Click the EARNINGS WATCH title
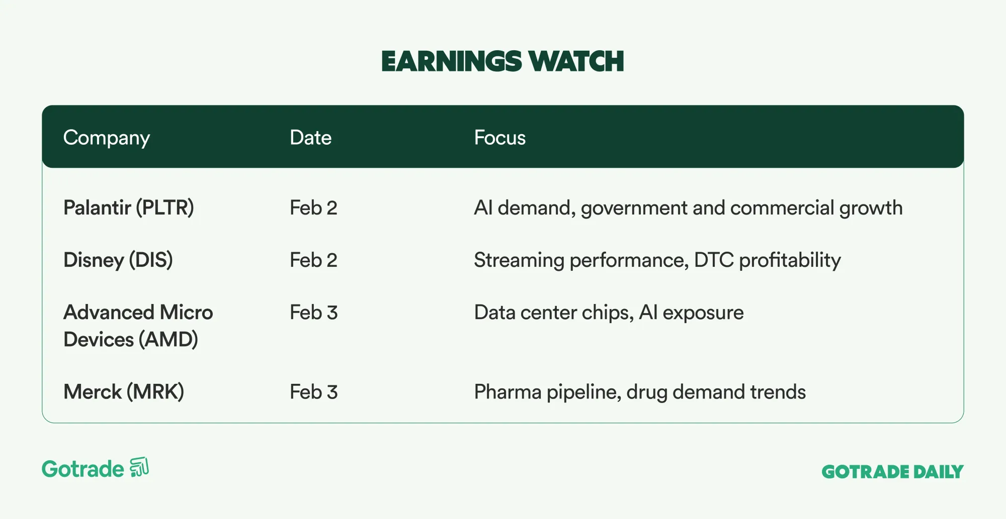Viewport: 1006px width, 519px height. tap(502, 61)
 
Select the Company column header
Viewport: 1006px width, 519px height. tap(107, 138)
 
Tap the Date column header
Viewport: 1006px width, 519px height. tap(310, 138)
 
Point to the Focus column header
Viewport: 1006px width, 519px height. tap(499, 138)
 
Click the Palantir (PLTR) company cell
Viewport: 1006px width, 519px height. tap(129, 208)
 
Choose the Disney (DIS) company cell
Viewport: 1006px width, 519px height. tap(118, 260)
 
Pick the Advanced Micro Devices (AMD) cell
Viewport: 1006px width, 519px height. tap(138, 326)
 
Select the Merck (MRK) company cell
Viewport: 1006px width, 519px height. tap(124, 392)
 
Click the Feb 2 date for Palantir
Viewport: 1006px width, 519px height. tap(313, 208)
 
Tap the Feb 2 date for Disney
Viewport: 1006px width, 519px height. tap(313, 260)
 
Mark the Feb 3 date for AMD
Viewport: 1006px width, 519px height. tap(313, 313)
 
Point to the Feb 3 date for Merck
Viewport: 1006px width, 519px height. tap(313, 392)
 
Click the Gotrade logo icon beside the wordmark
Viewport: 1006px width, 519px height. tap(139, 467)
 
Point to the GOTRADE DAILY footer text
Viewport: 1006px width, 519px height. tap(892, 472)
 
